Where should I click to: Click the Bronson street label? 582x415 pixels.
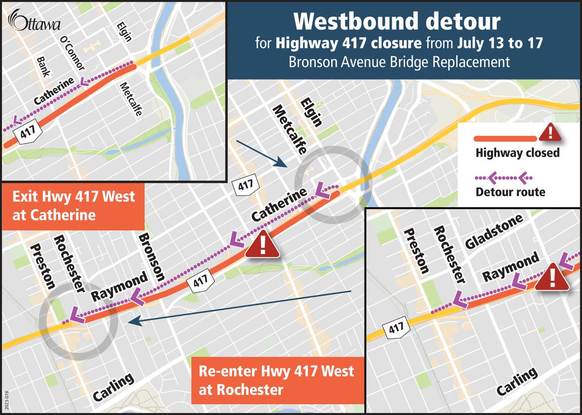point(151,257)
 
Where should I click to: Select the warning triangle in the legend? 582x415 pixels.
point(550,132)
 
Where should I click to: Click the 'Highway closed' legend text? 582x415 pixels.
point(517,153)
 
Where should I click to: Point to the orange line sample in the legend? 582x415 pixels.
point(504,132)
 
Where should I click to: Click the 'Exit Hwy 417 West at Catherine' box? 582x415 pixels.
point(73,206)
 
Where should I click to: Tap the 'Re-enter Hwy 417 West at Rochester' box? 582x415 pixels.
point(276,380)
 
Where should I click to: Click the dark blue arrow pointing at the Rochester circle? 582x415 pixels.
point(242,306)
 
